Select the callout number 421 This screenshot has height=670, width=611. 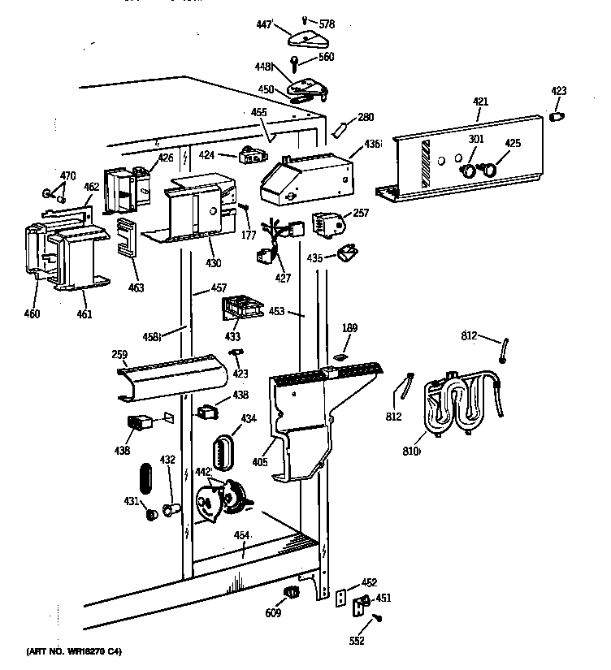point(480,102)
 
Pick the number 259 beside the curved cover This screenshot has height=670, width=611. point(119,354)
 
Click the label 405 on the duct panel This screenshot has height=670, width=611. point(260,462)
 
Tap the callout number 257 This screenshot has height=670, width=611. point(361,212)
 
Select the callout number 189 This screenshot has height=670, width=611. point(349,328)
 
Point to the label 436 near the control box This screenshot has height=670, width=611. point(372,144)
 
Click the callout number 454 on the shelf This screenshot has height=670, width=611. point(242,534)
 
